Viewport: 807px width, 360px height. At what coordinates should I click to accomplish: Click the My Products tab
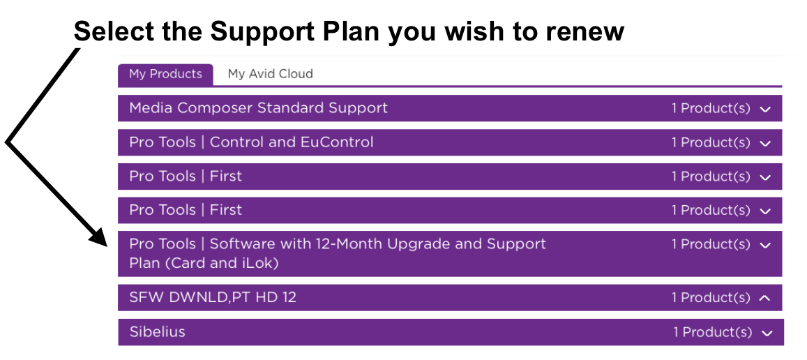pyautogui.click(x=165, y=74)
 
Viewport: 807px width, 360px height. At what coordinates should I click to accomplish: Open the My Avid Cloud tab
pyautogui.click(x=270, y=74)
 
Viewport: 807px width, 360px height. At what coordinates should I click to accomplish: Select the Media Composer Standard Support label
pyautogui.click(x=258, y=108)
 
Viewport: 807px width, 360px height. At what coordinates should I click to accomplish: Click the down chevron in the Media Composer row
pyautogui.click(x=765, y=110)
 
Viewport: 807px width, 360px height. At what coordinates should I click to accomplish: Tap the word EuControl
pyautogui.click(x=337, y=142)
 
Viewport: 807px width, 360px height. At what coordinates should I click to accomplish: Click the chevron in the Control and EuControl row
pyautogui.click(x=765, y=144)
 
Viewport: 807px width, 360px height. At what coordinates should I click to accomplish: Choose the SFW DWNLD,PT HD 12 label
pyautogui.click(x=213, y=297)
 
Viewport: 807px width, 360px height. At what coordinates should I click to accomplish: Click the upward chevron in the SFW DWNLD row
pyautogui.click(x=765, y=298)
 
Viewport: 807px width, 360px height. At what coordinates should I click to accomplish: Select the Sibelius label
pyautogui.click(x=157, y=331)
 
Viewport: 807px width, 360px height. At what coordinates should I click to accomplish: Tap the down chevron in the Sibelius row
pyautogui.click(x=767, y=333)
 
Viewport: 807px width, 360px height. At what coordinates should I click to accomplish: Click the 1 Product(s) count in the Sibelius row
pyautogui.click(x=712, y=332)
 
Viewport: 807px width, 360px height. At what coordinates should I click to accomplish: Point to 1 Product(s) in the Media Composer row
pyautogui.click(x=711, y=108)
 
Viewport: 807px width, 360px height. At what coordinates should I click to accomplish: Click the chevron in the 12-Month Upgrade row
pyautogui.click(x=765, y=246)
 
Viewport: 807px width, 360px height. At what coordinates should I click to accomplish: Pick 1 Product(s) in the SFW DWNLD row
pyautogui.click(x=711, y=297)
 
